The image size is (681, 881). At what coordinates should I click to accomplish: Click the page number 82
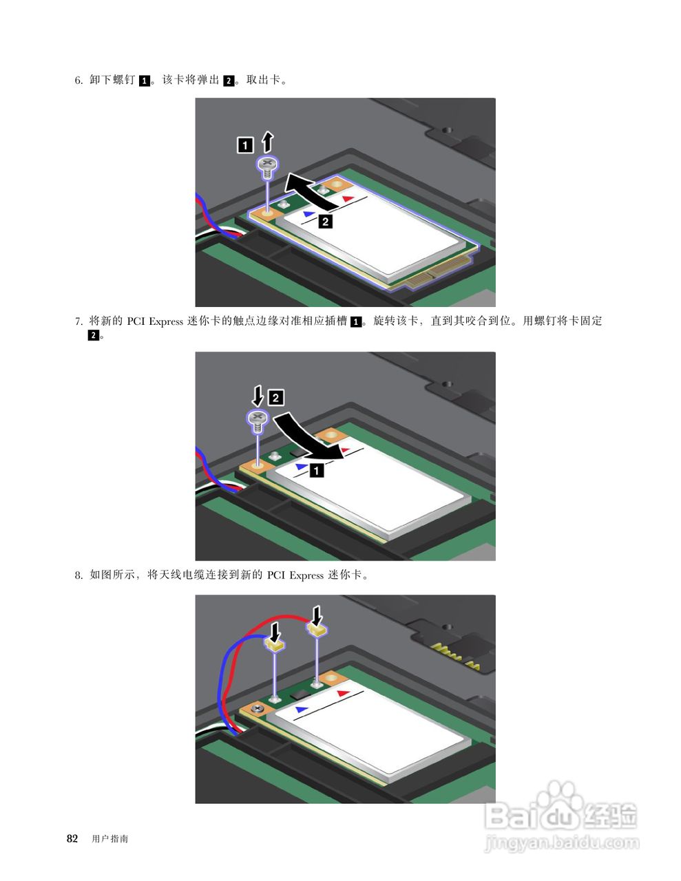pyautogui.click(x=72, y=838)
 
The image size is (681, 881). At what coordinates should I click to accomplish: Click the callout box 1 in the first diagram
pyautogui.click(x=245, y=145)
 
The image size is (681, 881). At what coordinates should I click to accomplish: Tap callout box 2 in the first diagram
pyautogui.click(x=325, y=222)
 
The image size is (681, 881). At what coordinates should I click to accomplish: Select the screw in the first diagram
pyautogui.click(x=268, y=167)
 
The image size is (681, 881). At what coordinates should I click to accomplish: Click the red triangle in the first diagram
pyautogui.click(x=348, y=198)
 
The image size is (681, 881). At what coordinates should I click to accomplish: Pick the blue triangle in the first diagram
pyautogui.click(x=309, y=213)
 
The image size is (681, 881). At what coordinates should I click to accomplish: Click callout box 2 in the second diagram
pyautogui.click(x=276, y=397)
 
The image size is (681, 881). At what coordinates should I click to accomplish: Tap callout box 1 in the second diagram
pyautogui.click(x=317, y=471)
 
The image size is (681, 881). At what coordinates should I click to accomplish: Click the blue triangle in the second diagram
pyautogui.click(x=302, y=467)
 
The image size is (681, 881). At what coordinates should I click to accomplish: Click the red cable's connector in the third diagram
pyautogui.click(x=316, y=630)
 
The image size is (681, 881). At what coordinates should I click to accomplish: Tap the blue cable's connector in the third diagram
pyautogui.click(x=275, y=645)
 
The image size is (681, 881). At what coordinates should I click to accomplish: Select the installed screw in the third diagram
pyautogui.click(x=258, y=709)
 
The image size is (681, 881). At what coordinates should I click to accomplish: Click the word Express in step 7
pyautogui.click(x=167, y=321)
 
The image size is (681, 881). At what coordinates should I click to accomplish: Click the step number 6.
pyautogui.click(x=78, y=80)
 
